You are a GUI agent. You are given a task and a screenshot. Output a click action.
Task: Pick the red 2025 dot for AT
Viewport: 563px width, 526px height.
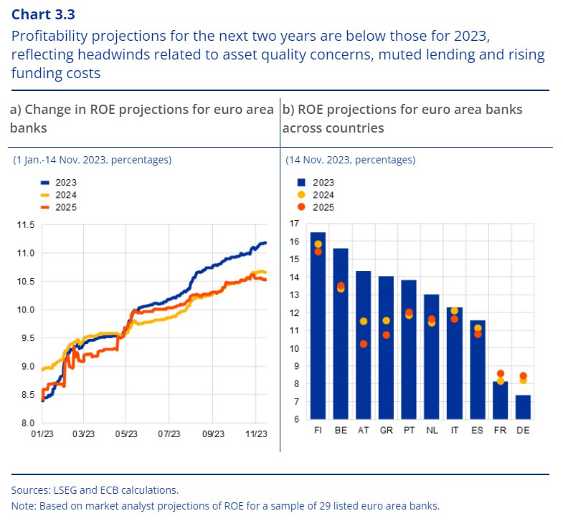[364, 344]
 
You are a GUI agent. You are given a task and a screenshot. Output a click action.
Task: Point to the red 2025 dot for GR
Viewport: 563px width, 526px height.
[386, 335]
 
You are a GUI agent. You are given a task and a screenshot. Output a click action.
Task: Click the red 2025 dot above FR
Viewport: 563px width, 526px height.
[500, 374]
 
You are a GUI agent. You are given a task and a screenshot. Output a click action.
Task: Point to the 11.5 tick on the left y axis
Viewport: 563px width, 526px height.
[25, 225]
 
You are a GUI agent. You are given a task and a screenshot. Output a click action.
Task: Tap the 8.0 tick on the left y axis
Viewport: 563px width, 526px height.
[27, 423]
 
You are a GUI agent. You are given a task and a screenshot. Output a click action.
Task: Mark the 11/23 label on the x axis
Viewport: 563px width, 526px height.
[255, 434]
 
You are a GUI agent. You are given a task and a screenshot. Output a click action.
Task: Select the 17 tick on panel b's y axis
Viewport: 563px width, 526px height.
[293, 224]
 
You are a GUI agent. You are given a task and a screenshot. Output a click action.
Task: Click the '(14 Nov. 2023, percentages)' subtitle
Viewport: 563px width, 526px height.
[351, 160]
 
